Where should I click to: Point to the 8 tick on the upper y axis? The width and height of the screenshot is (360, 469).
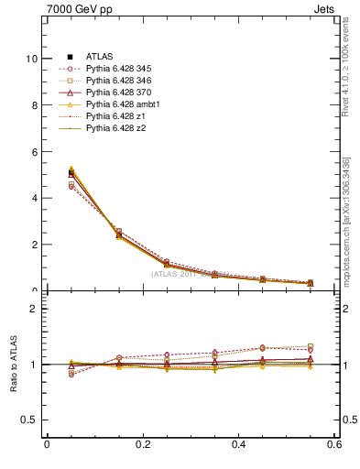click(34, 105)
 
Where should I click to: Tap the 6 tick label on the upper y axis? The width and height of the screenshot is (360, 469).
click(34, 152)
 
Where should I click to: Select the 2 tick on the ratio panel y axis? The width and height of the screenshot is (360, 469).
click(34, 310)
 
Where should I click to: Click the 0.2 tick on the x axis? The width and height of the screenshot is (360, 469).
click(143, 444)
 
